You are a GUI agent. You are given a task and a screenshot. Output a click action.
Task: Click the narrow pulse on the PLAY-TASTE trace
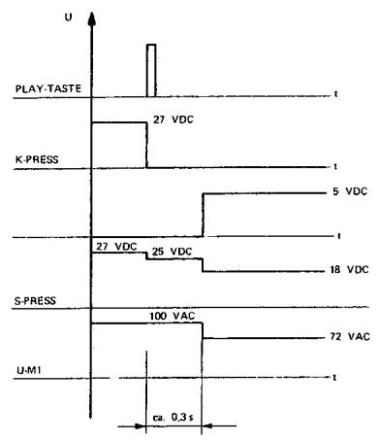pos(150,70)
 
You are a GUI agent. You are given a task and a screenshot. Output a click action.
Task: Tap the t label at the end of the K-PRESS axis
pos(334,165)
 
